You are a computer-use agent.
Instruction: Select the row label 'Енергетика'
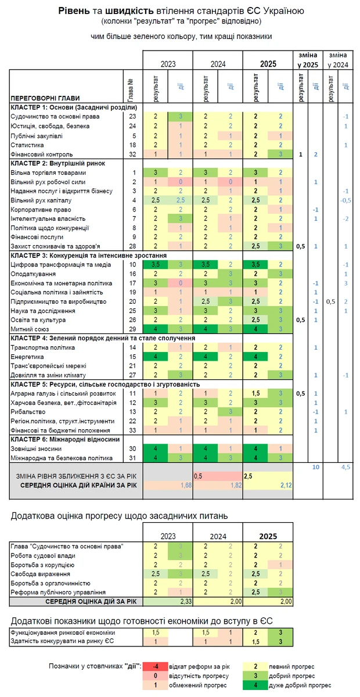[x=29, y=357]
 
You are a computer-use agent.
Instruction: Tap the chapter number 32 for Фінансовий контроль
[x=133, y=155]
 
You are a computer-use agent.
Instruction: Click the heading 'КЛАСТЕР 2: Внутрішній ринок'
[x=57, y=163]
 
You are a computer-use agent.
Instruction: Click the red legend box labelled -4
[x=160, y=666]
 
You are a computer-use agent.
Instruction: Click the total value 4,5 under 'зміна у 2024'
[x=345, y=466]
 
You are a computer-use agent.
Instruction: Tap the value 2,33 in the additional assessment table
[x=186, y=601]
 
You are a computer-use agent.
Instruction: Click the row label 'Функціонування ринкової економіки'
[x=63, y=632]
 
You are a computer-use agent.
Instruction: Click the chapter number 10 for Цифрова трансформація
[x=133, y=264]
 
